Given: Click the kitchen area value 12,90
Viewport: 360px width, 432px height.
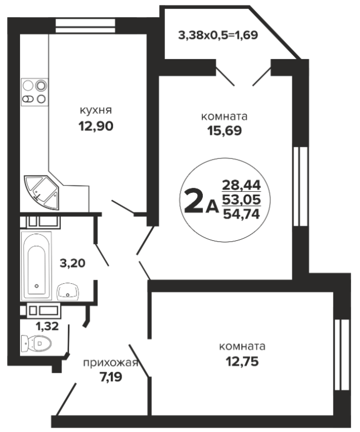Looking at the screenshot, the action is (96, 126).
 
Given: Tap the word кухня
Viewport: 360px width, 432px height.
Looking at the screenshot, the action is (96, 111).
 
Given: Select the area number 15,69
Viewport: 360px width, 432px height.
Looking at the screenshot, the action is (225, 130).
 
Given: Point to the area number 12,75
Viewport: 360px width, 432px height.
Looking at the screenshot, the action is (242, 361).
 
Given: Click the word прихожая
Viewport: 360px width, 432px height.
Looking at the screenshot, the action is (110, 363).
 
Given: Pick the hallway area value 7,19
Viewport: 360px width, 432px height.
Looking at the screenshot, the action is (111, 377).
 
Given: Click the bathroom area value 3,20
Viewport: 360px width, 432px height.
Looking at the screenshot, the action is (72, 263).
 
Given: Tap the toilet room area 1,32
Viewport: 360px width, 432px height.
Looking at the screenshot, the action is (47, 326).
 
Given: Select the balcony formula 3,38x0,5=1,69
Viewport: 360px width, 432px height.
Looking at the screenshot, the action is (218, 35).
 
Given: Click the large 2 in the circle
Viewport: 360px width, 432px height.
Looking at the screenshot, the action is (193, 201).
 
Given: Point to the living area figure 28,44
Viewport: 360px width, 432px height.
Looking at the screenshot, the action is (241, 185).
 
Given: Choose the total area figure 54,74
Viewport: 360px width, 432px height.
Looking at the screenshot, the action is (241, 214).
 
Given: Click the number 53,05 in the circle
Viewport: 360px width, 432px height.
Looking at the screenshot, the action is (241, 200).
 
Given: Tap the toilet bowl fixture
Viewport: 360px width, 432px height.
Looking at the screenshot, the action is (36, 343).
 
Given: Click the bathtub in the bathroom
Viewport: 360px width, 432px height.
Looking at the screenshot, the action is (36, 266).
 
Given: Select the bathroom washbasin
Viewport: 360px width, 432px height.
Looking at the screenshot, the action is (68, 292).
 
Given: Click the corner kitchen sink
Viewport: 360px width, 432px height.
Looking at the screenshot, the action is (42, 192).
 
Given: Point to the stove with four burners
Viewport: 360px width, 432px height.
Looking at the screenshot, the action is (35, 92).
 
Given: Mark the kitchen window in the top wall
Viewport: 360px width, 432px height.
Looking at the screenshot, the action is (85, 26).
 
